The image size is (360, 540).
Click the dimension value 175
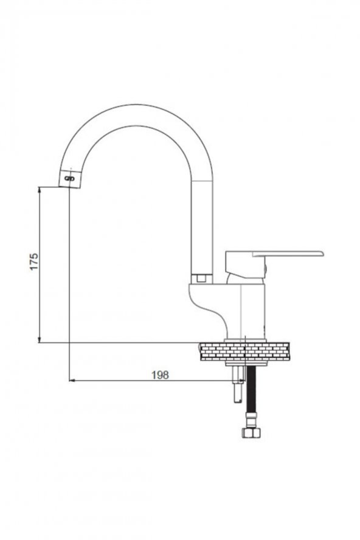click(x=34, y=261)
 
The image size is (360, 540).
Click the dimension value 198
click(x=160, y=375)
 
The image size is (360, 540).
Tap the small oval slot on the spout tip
click(x=69, y=178)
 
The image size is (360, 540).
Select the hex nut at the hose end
click(x=251, y=432)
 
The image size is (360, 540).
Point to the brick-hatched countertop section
click(x=244, y=351)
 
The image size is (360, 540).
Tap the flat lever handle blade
click(x=288, y=254)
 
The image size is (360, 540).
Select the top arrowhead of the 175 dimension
click(x=40, y=190)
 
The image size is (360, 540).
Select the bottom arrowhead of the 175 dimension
click(x=40, y=339)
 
